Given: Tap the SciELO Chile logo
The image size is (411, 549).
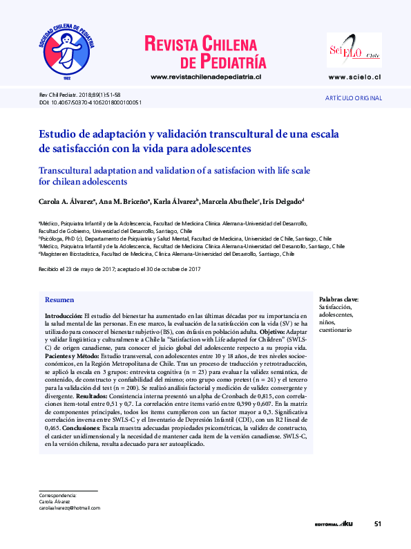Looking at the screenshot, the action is [x=354, y=50].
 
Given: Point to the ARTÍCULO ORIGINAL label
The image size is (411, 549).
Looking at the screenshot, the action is [x=354, y=99].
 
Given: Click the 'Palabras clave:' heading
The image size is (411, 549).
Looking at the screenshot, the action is [x=339, y=299].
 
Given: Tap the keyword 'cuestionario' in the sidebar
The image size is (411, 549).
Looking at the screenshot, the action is [x=335, y=331].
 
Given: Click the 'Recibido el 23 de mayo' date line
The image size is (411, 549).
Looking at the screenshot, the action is [x=119, y=268].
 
